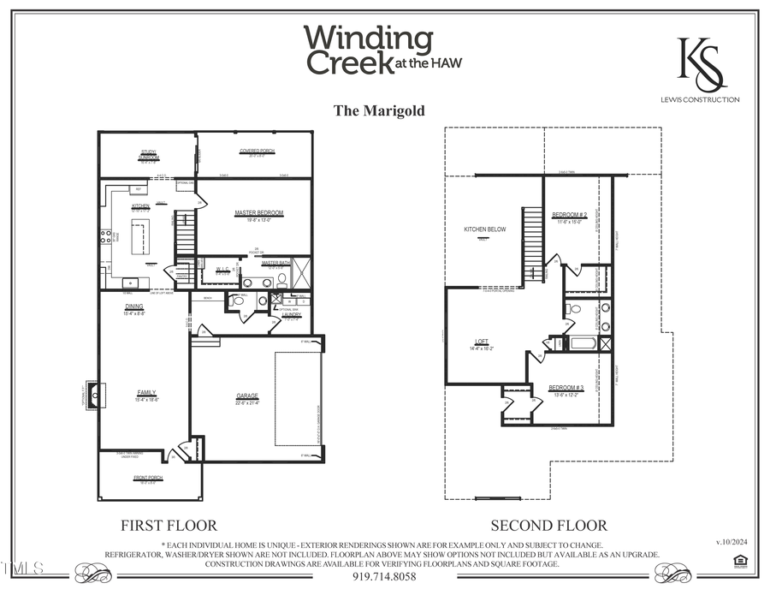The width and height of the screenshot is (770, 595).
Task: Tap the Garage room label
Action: coord(247,396)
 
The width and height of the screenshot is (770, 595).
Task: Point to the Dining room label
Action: coord(133,306)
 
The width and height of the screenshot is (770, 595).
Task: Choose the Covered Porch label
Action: coord(257,151)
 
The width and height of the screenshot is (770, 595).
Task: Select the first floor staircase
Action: coord(185,235)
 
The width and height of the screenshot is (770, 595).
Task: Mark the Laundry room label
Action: coord(292,314)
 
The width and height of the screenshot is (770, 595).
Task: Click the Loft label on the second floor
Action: coord(482,341)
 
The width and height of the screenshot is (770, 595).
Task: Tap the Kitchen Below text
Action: coord(485,229)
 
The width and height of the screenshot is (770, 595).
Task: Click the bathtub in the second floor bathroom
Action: coord(583,344)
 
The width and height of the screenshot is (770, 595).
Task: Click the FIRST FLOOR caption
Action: coord(169,526)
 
